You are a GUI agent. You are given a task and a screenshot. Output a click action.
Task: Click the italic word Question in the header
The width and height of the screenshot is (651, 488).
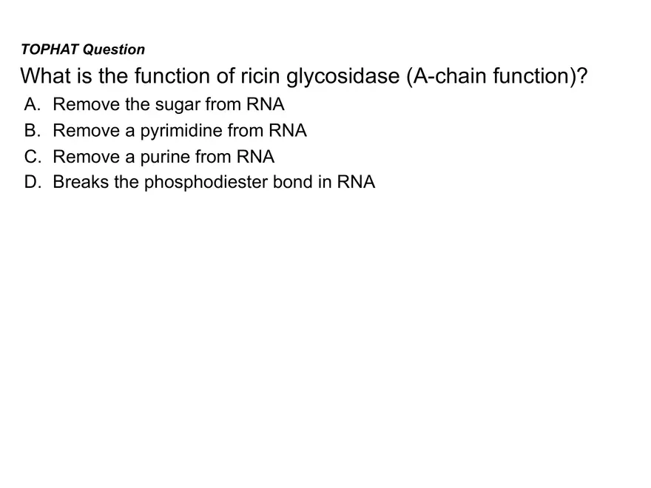point(114,50)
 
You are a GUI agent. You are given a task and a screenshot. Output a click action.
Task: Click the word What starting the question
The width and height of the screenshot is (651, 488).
point(44,75)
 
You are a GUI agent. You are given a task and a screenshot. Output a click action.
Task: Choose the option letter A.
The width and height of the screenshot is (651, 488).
point(30,104)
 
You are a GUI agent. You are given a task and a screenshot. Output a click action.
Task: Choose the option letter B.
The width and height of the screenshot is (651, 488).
point(30,131)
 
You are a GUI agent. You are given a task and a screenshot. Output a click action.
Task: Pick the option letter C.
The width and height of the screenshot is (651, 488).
point(30,157)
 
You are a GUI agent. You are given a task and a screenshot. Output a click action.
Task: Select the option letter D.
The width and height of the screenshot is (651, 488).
point(31,182)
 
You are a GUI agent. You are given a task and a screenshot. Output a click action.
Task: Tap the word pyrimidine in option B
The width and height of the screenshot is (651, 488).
point(181,132)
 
